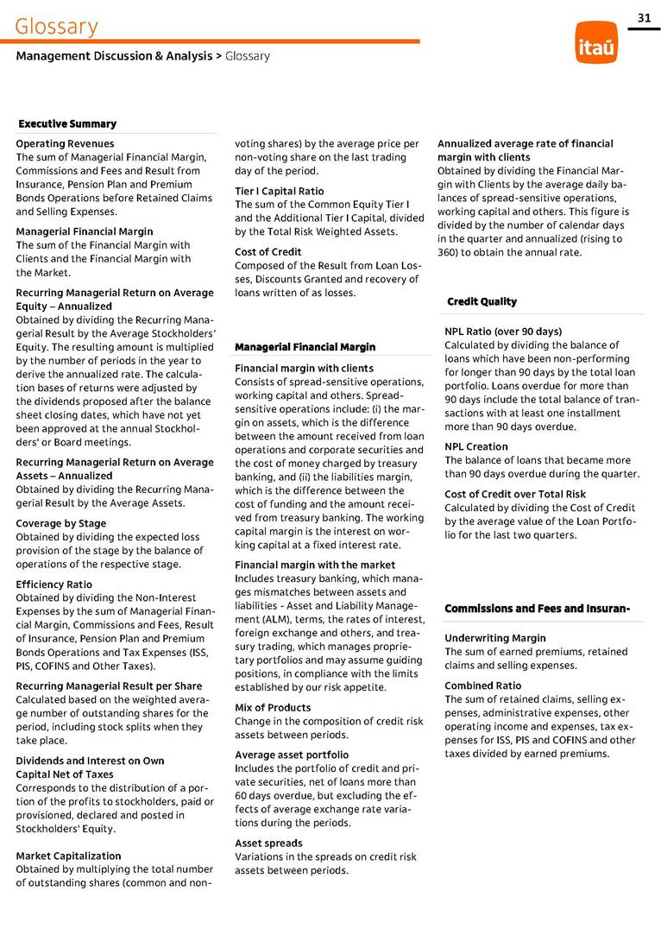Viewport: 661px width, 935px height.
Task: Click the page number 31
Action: (x=644, y=18)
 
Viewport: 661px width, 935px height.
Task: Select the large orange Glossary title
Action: (x=56, y=27)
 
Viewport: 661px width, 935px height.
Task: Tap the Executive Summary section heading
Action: (x=67, y=124)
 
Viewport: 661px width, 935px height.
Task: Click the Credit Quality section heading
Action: (x=482, y=301)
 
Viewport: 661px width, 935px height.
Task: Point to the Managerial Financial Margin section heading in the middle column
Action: (x=305, y=347)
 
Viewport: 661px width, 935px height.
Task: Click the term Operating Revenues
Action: (x=65, y=143)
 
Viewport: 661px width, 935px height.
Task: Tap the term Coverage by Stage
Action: (x=61, y=523)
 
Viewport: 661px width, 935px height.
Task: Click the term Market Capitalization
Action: (x=68, y=856)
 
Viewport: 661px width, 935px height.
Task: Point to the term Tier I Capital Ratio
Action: (x=280, y=191)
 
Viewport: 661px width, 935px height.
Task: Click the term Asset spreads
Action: (x=268, y=843)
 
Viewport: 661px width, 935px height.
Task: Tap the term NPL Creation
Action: (x=475, y=446)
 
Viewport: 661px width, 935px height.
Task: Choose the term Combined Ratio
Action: (x=482, y=685)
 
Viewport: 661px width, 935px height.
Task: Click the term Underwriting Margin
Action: (x=494, y=638)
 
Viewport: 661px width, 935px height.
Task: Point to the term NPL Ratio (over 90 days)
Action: (x=503, y=331)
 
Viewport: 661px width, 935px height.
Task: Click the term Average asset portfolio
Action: (x=292, y=755)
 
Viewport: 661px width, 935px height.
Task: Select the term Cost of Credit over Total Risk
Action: (x=515, y=494)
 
